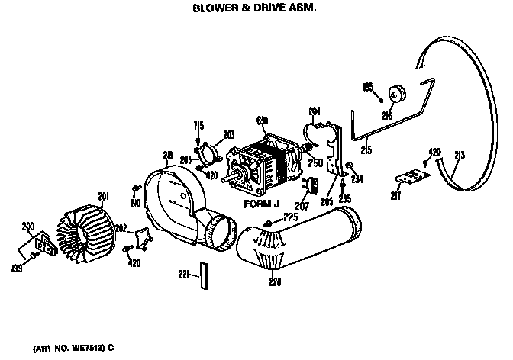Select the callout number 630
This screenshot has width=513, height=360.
pyautogui.click(x=262, y=121)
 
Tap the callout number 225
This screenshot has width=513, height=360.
pyautogui.click(x=291, y=217)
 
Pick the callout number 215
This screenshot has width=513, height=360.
pyautogui.click(x=366, y=150)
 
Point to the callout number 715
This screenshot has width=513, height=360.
pyautogui.click(x=198, y=124)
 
